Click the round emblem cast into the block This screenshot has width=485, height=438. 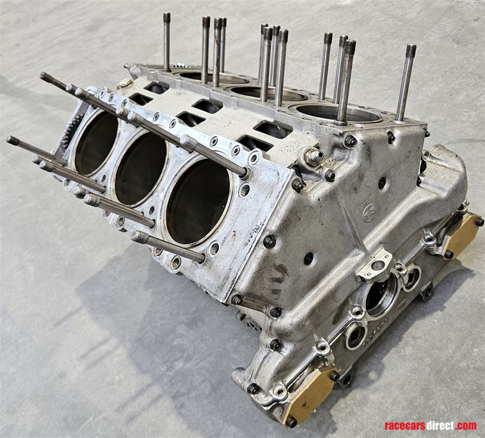pos(368,213)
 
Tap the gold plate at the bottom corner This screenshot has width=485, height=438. pos(309,395)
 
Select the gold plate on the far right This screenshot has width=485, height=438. pos(461,235)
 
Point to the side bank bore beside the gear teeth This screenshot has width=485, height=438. pos(96,143)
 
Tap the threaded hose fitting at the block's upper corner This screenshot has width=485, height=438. pos(314,157)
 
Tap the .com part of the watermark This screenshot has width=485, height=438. pos(467,426)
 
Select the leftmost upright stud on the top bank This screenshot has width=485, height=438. pos(167,41)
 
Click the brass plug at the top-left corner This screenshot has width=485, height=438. pos(125,83)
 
